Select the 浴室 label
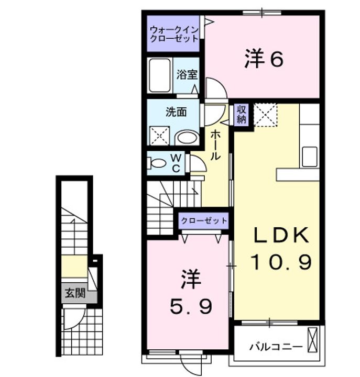coord(187,75)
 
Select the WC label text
coord(176,163)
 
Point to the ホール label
coord(215,146)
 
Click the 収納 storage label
coord(241,115)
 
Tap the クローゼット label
coord(204,220)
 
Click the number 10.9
coord(281,260)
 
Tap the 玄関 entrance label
coord(74,294)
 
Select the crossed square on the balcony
coord(313,340)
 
